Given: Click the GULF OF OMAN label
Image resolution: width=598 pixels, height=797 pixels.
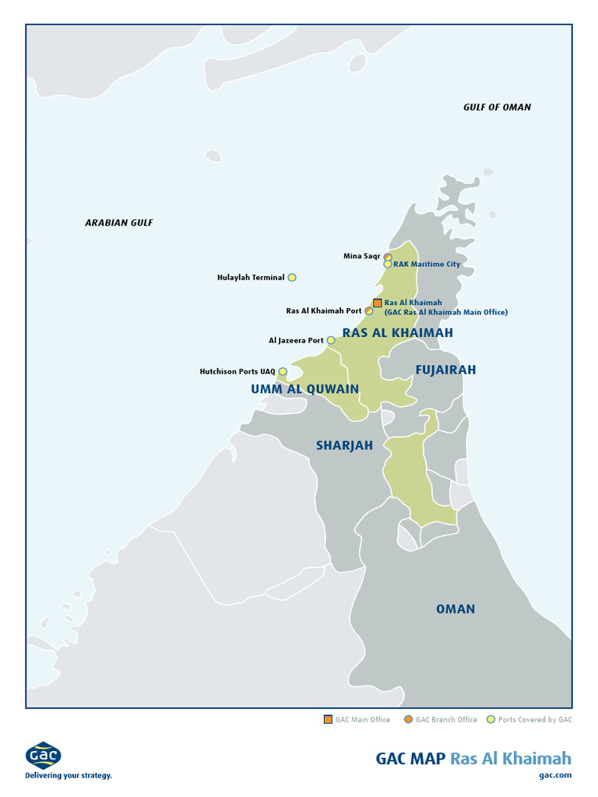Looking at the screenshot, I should pos(497,107).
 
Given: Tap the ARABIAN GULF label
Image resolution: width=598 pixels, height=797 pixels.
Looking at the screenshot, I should pos(119,223).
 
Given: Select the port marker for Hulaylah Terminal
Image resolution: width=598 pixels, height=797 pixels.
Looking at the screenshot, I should pos(292,277).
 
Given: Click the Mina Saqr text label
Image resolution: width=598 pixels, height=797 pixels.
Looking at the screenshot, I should pos(361,256).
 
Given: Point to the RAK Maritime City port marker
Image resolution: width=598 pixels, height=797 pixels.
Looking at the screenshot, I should pos(388,264).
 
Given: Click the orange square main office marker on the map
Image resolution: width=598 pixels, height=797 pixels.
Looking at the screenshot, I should pos(377,303).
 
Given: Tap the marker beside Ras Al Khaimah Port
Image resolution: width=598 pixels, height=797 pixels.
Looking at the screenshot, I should pos(369,311).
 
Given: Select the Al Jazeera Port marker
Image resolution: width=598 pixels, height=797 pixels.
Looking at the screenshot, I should pos(331,340).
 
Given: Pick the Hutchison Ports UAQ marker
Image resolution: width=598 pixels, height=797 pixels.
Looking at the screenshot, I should pos(283,371).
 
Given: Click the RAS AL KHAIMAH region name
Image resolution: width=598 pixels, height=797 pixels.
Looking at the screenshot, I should pos(397,332).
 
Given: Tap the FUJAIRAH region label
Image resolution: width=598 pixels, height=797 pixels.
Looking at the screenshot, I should pos(445,370).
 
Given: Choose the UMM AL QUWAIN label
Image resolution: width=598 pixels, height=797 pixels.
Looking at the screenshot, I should pos(304,389).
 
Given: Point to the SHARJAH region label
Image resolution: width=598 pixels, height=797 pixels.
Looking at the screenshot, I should pos(344,445).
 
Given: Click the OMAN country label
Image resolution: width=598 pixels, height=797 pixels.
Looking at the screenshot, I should pos(456,609).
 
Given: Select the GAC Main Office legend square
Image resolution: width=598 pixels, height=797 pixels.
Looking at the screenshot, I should pos(328,719).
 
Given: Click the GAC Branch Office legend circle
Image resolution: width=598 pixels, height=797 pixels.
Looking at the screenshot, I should pos(408,719).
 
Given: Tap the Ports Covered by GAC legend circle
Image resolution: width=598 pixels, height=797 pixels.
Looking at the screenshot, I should pos(491,719).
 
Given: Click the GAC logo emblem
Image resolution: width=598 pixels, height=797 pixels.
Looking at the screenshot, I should pos(44,755).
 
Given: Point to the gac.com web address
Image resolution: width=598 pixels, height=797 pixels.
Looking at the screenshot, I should pos(554,774).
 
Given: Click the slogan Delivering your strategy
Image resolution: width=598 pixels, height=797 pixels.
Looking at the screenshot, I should pos(69,775).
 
